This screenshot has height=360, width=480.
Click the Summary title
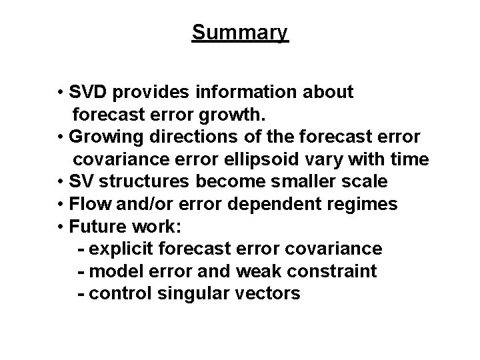(240, 32)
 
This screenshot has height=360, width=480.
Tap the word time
(409, 159)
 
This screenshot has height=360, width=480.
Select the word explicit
(117, 249)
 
